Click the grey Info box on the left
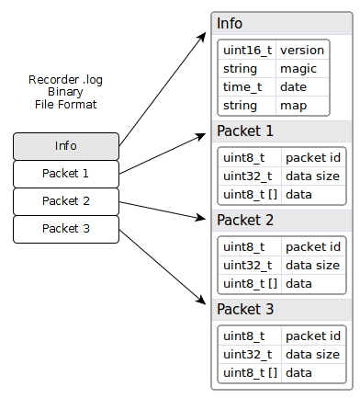66,145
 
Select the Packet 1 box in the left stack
66,173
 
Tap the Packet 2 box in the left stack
66,200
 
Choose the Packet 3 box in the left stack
66,228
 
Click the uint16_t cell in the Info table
246,51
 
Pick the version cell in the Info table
302,51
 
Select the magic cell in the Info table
302,68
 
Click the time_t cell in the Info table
246,86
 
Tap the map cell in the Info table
302,105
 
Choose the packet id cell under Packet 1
313,157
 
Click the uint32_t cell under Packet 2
249,265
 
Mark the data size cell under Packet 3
313,354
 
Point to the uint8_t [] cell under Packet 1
249,194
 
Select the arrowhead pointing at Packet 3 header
204,303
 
